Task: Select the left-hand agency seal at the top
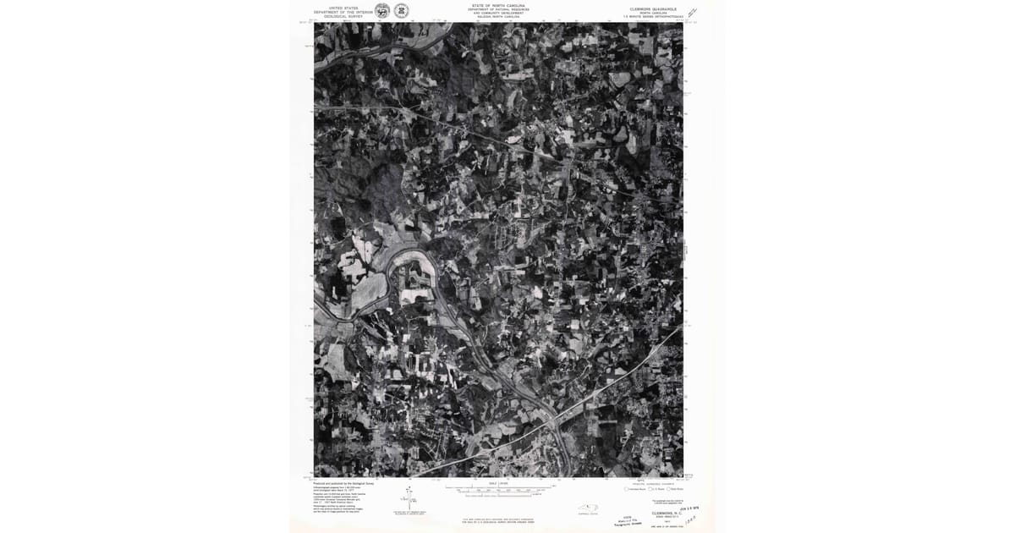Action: click(382, 11)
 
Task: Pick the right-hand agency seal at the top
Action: click(401, 11)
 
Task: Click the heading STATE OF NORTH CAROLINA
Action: click(498, 5)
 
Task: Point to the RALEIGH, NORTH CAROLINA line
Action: click(498, 17)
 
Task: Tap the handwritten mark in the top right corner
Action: click(693, 13)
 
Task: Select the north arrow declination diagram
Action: click(409, 498)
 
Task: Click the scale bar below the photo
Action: click(499, 490)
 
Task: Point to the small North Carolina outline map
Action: click(588, 509)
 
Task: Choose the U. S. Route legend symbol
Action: click(648, 489)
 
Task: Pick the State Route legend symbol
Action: click(668, 489)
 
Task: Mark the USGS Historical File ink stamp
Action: click(627, 521)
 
